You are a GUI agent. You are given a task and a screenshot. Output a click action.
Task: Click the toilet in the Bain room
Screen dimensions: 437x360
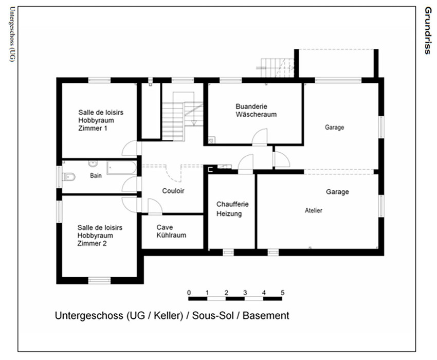coord(69,177)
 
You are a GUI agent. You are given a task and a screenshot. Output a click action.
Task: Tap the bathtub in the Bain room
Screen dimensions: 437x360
coord(121,168)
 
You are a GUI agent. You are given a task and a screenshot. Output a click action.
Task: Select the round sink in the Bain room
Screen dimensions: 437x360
coord(93,164)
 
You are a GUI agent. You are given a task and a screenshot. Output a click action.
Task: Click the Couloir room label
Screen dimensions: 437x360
coord(173,191)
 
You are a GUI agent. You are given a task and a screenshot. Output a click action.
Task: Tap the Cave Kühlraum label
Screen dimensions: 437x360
coord(171,231)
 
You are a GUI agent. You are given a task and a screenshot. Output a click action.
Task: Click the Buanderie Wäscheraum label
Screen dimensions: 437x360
coord(256,111)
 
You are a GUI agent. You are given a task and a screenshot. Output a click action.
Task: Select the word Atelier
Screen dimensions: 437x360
coord(314,210)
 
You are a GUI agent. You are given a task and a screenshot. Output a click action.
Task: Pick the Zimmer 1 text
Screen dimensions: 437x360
coord(93,128)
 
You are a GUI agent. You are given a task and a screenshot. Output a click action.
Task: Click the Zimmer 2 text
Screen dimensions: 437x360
coord(92,243)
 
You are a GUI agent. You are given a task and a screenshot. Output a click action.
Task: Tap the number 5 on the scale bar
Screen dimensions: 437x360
coord(283,293)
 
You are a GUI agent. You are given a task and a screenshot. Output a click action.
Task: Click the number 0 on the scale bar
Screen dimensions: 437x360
coord(189,293)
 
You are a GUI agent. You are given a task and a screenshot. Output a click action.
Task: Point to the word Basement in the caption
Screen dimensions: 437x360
coord(266,316)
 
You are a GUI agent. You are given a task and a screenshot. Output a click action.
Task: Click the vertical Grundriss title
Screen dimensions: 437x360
coord(428,31)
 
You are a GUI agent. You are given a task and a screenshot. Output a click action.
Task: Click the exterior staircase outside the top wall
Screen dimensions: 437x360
coord(277,67)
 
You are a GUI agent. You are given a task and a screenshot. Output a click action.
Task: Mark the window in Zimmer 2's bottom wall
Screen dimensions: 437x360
coord(100,280)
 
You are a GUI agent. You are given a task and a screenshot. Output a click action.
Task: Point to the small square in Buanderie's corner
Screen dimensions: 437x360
coord(211,140)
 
